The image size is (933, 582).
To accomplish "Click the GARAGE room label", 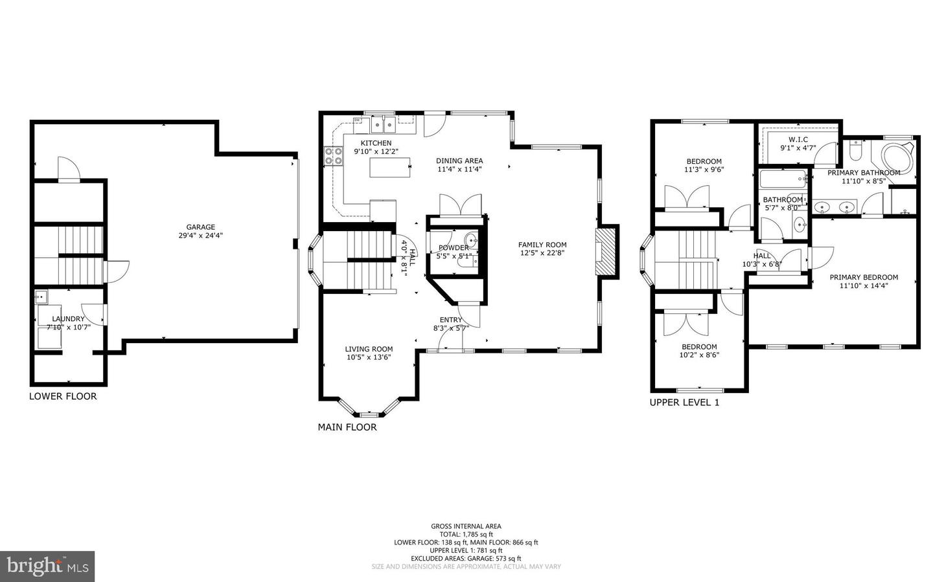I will pos(201,227).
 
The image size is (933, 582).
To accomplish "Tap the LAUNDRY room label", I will pos(68,319).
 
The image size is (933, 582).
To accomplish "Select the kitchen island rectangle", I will pos(390,168).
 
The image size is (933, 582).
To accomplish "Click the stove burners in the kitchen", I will pos(333,156).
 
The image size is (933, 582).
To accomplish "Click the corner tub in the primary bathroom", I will pos(897,158).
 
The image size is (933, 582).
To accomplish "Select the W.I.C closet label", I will pos(798,139).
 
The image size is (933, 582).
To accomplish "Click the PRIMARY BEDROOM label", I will pos(864,277).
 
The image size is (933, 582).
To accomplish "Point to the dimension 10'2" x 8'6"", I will pos(699,355).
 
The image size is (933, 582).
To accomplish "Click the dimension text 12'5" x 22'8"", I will pos(542,253).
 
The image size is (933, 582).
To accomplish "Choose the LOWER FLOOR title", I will pos(63,396).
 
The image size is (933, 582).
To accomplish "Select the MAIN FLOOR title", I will pos(347,427).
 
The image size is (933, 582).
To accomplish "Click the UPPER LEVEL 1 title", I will pos(684,402).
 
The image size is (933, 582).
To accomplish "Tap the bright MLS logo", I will pos(47,566).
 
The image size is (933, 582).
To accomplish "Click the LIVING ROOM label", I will pos(369,349).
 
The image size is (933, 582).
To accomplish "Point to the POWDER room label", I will pos(453,248).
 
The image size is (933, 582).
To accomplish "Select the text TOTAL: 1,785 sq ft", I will pos(466,534).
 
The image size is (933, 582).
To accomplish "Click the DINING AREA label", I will pos(459,161).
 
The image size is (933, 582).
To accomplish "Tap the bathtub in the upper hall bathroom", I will pos(783,179).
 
